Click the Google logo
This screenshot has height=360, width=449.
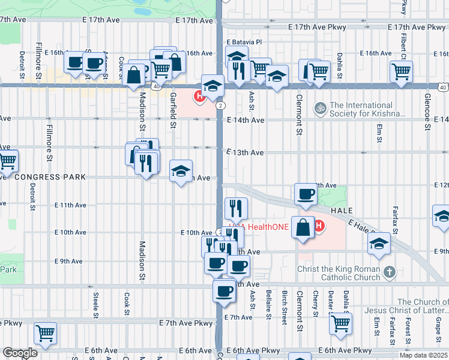20,353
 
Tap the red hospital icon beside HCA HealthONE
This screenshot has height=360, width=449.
319,226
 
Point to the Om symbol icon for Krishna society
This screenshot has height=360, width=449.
321,108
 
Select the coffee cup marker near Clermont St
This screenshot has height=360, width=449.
306,194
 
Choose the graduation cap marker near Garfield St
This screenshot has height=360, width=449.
181,172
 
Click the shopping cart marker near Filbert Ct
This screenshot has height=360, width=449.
400,71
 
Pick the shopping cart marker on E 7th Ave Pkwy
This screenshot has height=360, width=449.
45,333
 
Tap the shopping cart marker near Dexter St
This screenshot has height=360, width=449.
340,323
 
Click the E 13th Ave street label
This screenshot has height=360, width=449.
246,153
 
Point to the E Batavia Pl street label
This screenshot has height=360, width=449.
244,43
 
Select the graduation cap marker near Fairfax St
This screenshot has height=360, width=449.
379,244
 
